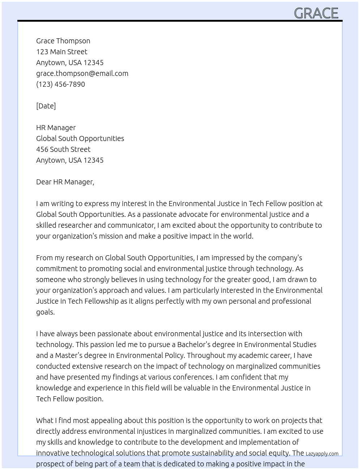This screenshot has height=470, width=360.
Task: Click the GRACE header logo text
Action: (316, 13)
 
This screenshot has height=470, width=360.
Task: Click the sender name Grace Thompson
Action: (63, 41)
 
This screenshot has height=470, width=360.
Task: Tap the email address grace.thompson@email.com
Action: (82, 73)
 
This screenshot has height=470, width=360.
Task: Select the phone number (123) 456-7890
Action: (60, 84)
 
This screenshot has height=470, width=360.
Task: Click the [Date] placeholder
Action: (46, 106)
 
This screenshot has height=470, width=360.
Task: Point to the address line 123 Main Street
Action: (61, 52)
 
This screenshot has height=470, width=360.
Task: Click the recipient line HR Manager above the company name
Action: (56, 128)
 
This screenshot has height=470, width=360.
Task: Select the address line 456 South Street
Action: (63, 149)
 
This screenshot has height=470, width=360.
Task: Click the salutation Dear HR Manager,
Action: (65, 182)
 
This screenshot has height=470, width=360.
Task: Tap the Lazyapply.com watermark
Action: (322, 454)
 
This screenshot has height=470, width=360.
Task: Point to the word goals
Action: (46, 312)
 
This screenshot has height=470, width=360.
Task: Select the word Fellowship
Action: (102, 301)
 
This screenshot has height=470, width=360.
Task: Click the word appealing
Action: (107, 420)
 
